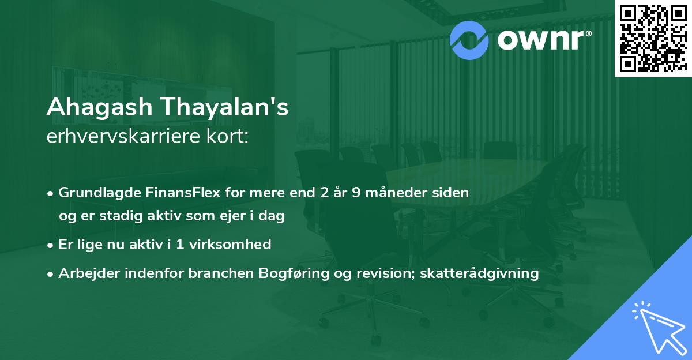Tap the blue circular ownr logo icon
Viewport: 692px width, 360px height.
469,40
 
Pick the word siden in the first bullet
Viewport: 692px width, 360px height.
453,193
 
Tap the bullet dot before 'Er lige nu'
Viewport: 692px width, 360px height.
51,245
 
